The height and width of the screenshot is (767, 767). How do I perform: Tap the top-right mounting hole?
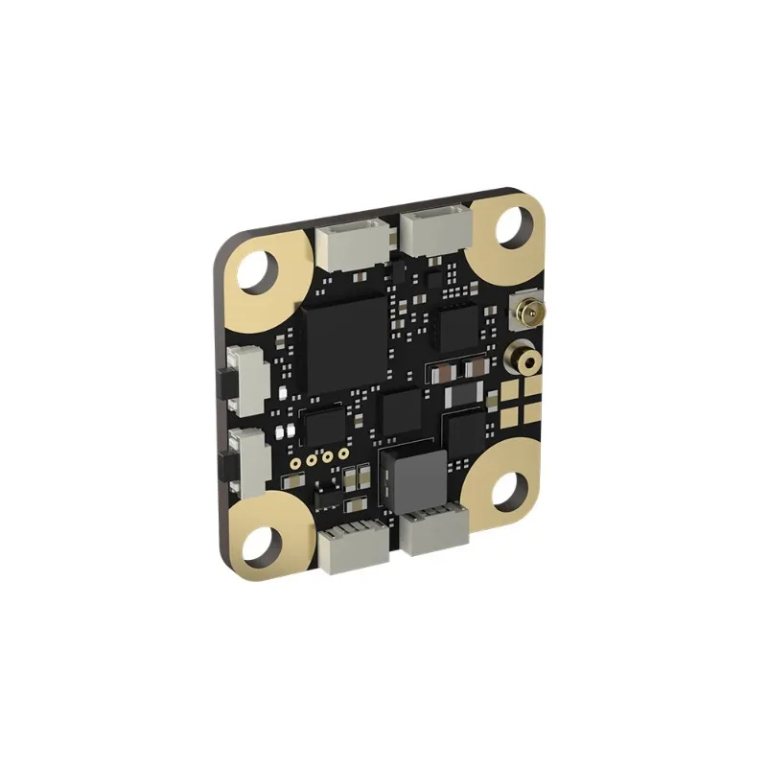516,226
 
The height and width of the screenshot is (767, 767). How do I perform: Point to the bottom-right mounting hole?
509,490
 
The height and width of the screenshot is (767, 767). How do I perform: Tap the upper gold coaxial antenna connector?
526,312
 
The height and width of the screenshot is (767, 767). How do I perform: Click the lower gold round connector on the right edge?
524,359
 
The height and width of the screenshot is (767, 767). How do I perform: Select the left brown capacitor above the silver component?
445,369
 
